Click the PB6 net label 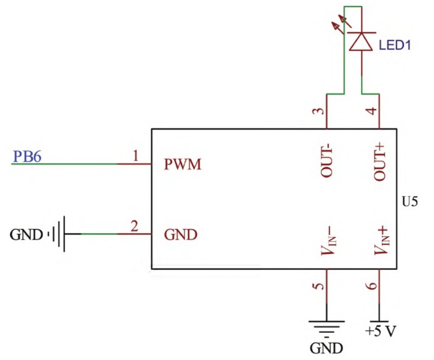coord(27,157)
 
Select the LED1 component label coord(394,45)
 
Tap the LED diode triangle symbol coord(361,41)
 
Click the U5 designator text coord(410,202)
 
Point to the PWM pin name coord(183,165)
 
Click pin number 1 coord(136,156)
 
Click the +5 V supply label coord(380,331)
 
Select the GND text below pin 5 coord(326,348)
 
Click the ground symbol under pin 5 coord(326,327)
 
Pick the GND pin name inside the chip coord(181,235)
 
